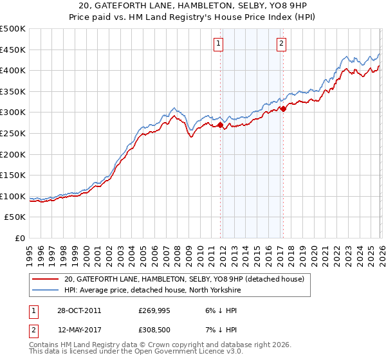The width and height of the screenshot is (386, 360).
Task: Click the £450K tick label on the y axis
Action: (13, 50)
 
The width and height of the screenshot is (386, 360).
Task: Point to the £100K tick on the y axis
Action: (13, 196)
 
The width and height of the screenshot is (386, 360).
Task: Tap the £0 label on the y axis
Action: (19, 238)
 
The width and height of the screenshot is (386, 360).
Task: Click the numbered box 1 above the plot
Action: (219, 44)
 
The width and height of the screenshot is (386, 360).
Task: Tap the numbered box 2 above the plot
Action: (282, 44)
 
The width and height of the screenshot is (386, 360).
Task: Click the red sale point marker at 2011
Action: (221, 125)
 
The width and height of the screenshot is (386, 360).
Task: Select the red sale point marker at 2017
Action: (283, 109)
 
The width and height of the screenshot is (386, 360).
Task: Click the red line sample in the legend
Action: (46, 278)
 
